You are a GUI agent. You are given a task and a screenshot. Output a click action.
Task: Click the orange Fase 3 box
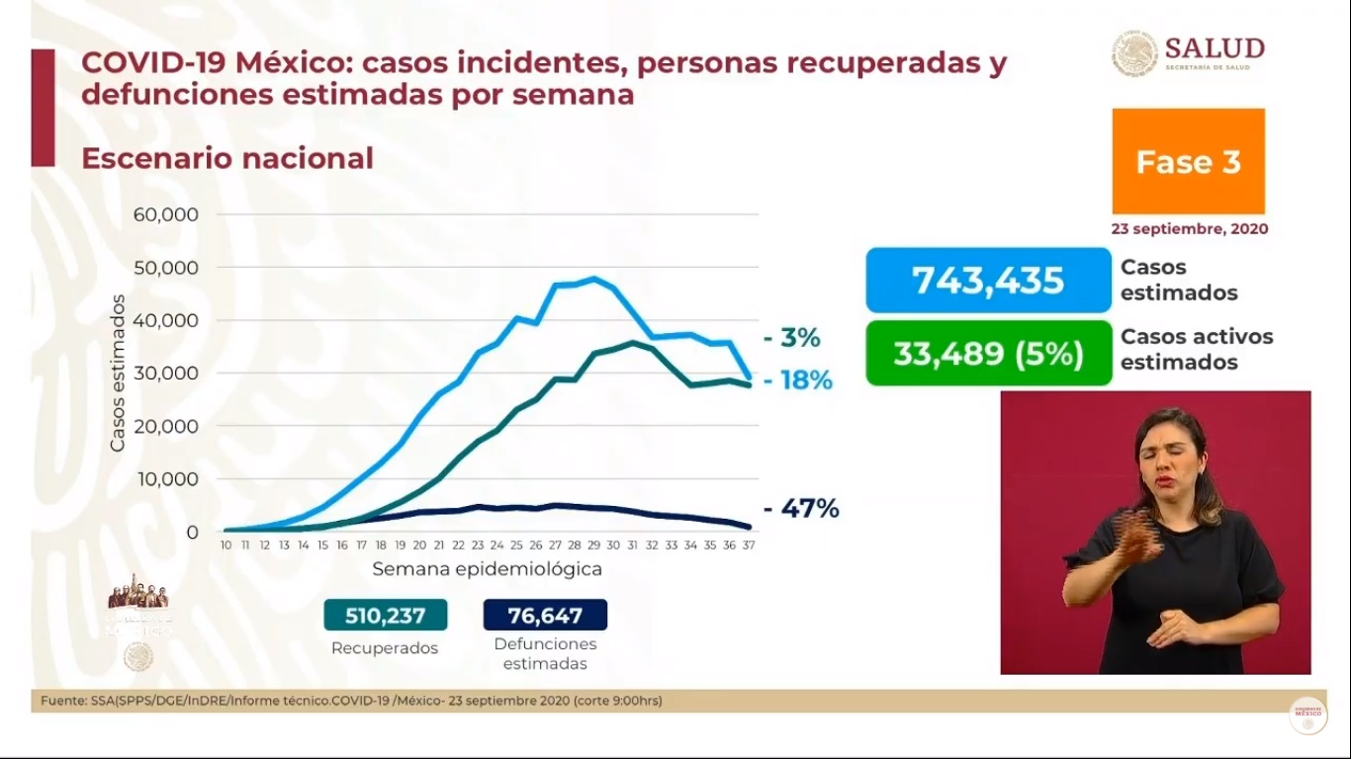1188,161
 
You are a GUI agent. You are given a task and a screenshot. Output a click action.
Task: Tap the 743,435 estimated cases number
988,281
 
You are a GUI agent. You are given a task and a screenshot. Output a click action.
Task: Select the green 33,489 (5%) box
988,353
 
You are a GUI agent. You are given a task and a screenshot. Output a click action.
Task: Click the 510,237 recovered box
385,616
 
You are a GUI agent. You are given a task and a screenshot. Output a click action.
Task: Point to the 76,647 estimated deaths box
545,616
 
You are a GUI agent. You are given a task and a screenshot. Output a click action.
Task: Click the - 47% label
801,509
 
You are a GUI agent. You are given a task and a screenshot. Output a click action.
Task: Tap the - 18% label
797,380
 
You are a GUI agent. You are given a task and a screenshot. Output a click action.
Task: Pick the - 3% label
792,338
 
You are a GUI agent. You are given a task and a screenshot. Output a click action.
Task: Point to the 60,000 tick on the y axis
165,214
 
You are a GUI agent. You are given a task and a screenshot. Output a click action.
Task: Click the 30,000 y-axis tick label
165,374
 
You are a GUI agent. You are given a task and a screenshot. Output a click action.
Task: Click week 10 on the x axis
226,546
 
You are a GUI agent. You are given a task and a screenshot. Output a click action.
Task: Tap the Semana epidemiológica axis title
487,570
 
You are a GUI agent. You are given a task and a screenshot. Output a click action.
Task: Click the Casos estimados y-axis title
118,374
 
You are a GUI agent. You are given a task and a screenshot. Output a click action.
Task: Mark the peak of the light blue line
593,279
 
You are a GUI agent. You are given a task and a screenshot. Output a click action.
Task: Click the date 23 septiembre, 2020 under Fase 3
1189,228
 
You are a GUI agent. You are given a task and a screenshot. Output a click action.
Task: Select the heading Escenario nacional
227,158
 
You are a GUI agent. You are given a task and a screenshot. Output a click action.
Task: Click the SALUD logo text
1215,49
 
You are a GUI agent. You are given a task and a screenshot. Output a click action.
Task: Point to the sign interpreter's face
1173,458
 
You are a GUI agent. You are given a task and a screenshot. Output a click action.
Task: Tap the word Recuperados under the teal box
385,648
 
